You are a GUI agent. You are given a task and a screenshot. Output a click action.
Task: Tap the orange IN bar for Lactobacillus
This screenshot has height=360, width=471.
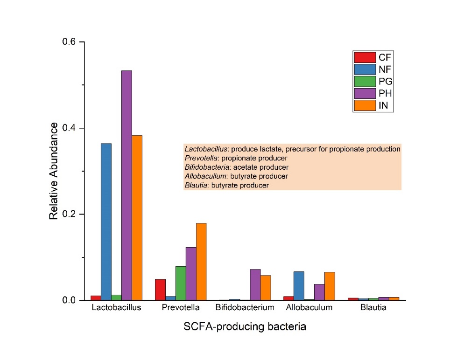137,217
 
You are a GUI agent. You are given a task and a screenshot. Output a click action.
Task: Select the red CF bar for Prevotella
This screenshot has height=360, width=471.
160,290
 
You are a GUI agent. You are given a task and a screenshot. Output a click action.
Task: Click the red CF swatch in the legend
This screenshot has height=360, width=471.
365,57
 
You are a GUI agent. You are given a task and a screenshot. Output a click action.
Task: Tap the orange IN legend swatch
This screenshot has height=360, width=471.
365,106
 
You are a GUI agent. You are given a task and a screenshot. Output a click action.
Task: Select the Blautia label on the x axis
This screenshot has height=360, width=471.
373,308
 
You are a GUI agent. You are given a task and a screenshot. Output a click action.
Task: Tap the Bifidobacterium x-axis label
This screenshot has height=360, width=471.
245,308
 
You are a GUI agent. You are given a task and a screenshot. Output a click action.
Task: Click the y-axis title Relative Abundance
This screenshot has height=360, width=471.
54,171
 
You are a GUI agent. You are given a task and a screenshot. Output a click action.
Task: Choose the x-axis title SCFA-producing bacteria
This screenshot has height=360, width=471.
245,326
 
